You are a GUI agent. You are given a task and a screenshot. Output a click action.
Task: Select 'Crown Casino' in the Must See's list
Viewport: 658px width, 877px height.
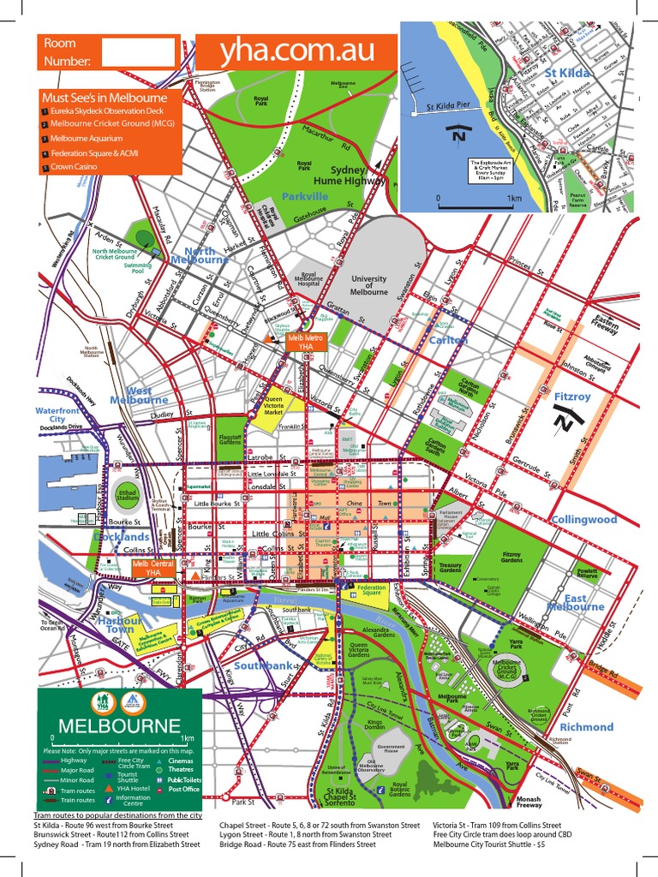(x=77, y=169)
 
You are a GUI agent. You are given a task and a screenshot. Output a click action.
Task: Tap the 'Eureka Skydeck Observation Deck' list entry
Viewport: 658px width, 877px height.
(x=108, y=110)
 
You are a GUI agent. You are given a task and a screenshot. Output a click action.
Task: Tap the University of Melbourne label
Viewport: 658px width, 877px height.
(x=368, y=285)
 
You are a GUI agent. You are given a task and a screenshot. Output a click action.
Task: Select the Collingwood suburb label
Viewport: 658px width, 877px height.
(x=583, y=519)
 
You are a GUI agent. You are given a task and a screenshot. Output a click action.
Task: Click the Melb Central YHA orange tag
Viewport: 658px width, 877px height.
(x=152, y=568)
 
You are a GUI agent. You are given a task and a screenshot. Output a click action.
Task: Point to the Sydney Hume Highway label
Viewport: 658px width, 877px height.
(x=360, y=176)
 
